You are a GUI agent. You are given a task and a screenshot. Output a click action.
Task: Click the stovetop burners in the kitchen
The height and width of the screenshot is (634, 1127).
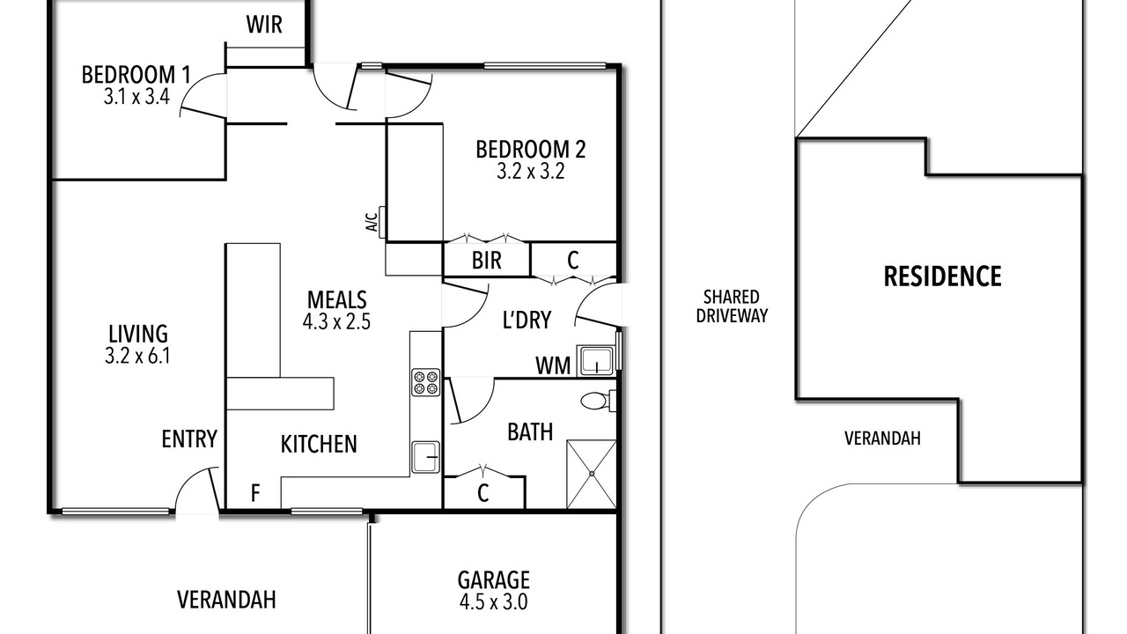[x=425, y=382]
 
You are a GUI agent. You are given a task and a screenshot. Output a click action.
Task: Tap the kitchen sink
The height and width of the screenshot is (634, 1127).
[x=425, y=457]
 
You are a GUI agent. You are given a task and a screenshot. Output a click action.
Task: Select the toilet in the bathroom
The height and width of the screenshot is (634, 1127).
[x=598, y=401]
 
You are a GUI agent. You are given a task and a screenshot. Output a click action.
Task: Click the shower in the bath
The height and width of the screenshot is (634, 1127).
[x=592, y=474]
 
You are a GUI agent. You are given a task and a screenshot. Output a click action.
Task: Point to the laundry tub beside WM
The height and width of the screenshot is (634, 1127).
[x=596, y=361]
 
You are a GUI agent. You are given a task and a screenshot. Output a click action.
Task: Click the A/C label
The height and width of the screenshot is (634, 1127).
[x=372, y=222]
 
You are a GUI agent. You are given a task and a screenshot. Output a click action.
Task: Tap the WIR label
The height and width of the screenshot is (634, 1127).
[x=264, y=24]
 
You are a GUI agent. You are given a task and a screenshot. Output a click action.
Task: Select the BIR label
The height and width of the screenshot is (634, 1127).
[x=487, y=261]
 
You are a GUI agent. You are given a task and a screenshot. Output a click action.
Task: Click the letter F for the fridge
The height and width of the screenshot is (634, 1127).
[x=255, y=493]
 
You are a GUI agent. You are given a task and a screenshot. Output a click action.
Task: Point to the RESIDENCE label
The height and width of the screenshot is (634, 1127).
[x=942, y=276]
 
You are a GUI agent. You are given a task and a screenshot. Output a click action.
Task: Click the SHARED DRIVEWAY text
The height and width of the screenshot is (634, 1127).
[x=732, y=306]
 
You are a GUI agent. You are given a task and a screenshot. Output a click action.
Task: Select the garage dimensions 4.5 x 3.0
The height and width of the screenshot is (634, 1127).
[x=494, y=601]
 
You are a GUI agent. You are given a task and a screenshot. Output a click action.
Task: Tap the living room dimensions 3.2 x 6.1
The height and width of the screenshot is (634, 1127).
[x=137, y=356]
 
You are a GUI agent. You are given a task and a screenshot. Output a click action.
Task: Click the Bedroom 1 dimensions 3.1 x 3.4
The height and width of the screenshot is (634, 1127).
[x=136, y=96]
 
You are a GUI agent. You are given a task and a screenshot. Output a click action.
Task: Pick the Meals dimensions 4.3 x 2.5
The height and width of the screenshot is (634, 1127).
[x=336, y=321]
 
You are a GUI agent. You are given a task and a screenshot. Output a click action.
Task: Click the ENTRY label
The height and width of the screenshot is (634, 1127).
[x=189, y=439]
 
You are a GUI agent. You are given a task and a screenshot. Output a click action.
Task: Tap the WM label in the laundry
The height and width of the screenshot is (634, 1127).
[x=553, y=365]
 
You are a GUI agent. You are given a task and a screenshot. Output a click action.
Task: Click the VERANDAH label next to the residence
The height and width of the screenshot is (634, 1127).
[x=882, y=439]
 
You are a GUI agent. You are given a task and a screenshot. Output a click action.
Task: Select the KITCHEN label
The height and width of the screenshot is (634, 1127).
[x=319, y=445]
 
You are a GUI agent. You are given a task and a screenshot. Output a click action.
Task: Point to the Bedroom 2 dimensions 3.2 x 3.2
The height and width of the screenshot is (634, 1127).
[x=530, y=172]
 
